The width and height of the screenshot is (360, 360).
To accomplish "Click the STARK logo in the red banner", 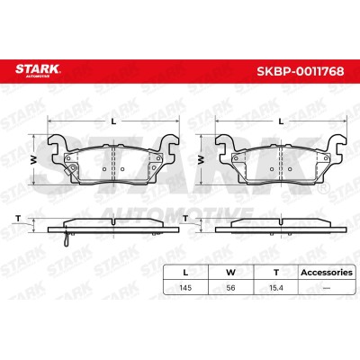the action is coord(38,70).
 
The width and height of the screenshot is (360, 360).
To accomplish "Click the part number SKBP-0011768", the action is coord(301,71).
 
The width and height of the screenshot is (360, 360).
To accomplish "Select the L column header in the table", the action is coord(185,273).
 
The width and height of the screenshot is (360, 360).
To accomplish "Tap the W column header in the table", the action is coord(230,273).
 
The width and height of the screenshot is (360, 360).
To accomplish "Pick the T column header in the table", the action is coord(276,273).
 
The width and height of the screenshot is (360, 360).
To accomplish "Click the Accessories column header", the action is coord(327,273).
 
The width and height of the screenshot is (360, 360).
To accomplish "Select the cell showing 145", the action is coord(185,288).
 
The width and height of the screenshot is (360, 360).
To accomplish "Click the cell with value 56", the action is coord(230,288).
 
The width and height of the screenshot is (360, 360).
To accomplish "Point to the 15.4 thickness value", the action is coord(276,288).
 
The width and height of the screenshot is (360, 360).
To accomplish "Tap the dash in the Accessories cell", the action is coord(327,288).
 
